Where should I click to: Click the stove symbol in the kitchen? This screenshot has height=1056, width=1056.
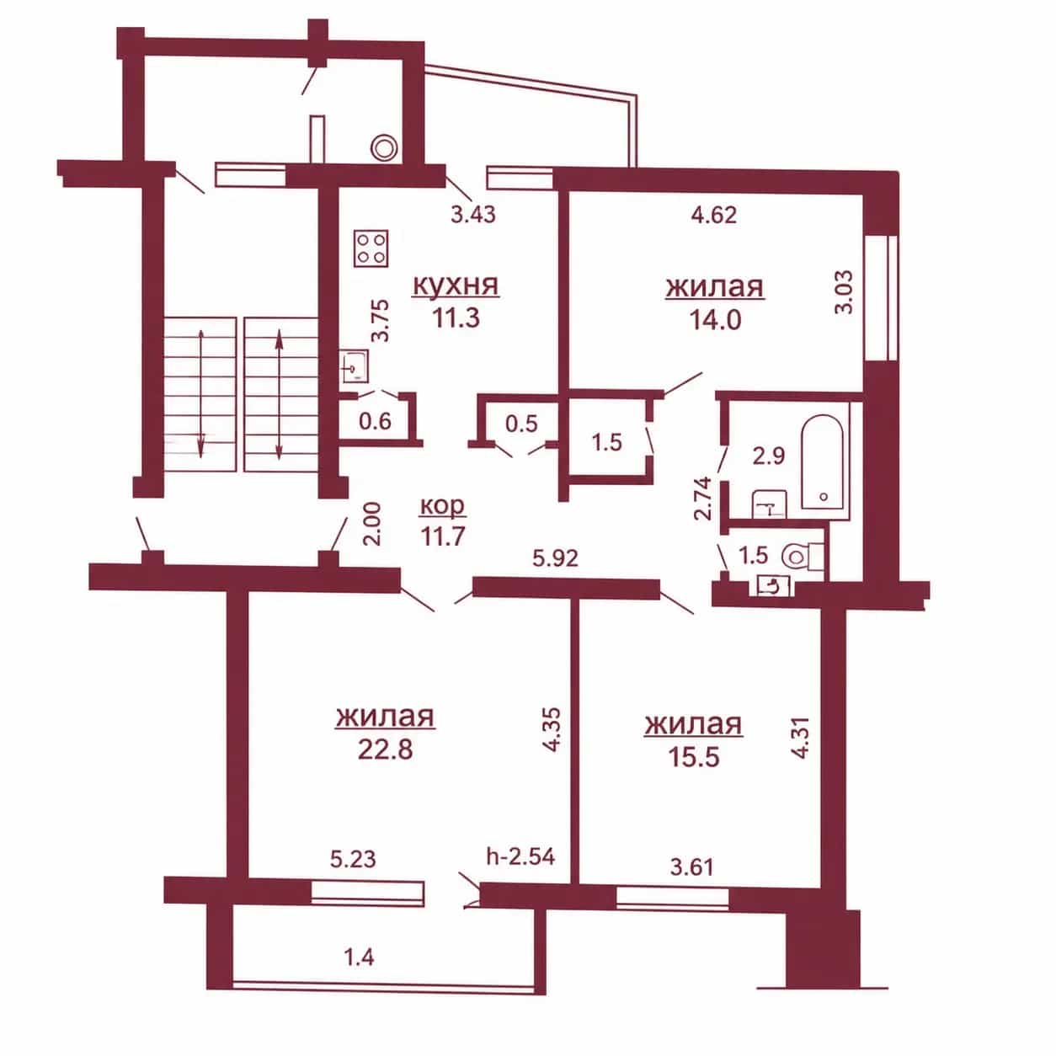click(x=371, y=248)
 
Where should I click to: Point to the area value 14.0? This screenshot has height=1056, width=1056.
click(x=715, y=320)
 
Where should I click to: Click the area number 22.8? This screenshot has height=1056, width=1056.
click(x=385, y=749)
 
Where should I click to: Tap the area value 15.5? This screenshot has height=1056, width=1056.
click(x=693, y=758)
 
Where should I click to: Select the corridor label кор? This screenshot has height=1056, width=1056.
click(x=442, y=506)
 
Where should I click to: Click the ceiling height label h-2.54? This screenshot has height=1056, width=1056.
click(x=520, y=856)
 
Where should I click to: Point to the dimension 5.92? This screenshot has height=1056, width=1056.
click(x=555, y=558)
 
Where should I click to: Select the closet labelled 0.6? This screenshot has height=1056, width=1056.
click(x=375, y=421)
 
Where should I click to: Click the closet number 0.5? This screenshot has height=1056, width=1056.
click(x=521, y=424)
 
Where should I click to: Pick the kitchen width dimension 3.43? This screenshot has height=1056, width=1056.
click(x=473, y=214)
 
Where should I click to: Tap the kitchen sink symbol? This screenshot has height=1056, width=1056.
click(x=355, y=366)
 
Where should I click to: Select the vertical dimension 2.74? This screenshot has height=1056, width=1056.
click(x=703, y=498)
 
